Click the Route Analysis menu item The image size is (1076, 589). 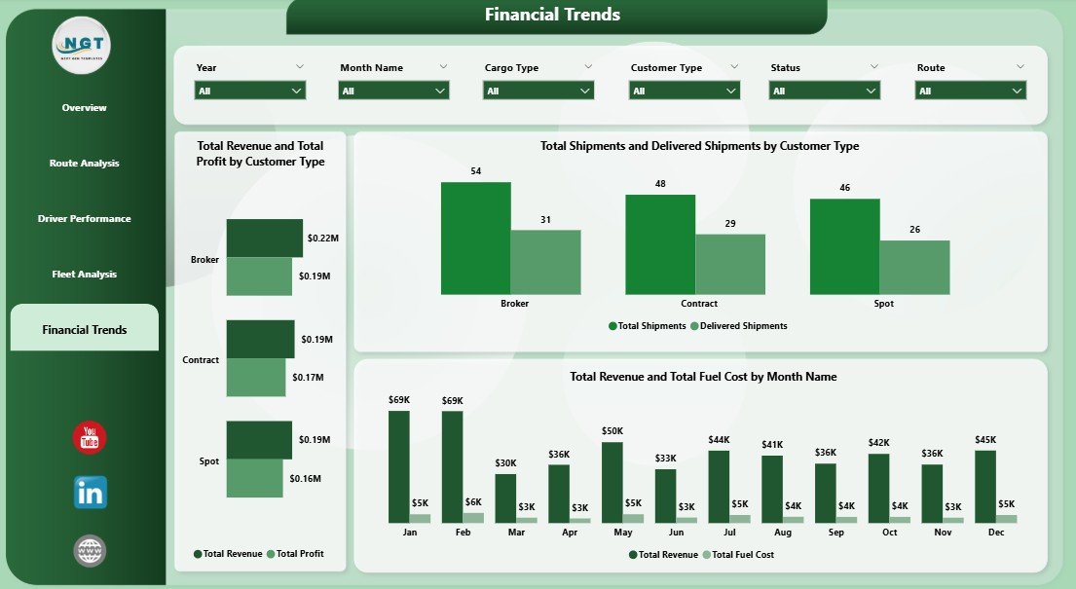pos(84,164)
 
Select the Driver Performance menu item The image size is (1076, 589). pos(84,219)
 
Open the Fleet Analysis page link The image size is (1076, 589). pos(84,275)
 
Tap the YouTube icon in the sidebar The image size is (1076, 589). pos(90,437)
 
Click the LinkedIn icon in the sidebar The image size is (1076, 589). pos(90,493)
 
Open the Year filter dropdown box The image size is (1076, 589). pos(250,91)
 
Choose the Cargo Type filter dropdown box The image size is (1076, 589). pos(538,91)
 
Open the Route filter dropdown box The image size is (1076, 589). pos(970,91)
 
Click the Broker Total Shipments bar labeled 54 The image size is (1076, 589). pos(475,239)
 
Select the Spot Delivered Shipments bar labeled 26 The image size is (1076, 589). pos(914,268)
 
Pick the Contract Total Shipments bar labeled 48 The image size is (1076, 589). pos(660,244)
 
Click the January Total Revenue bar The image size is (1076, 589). pos(399,467)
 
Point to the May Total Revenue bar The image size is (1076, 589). pos(612,483)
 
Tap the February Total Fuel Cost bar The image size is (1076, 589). pos(473,518)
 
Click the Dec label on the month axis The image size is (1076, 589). pos(995,533)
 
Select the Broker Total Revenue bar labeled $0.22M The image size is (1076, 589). pos(265,238)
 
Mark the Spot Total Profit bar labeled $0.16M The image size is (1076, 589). pos(254,478)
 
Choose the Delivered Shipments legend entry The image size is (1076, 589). pos(739,326)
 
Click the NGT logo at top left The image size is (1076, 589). pos(83,45)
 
